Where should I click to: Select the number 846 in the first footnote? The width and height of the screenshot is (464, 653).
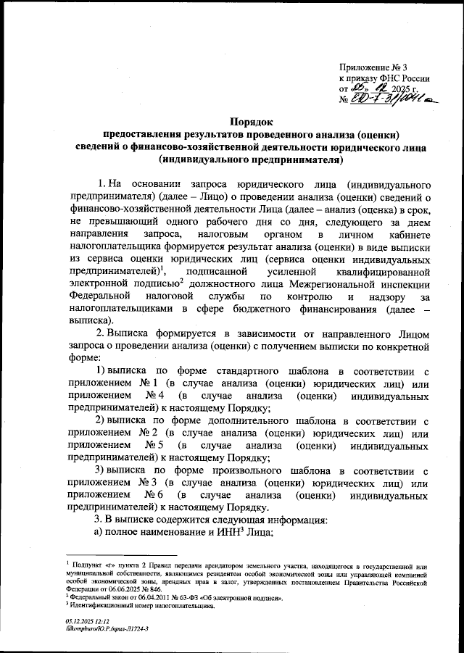(x=149, y=590)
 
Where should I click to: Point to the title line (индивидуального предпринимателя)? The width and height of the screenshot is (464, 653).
(x=251, y=159)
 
